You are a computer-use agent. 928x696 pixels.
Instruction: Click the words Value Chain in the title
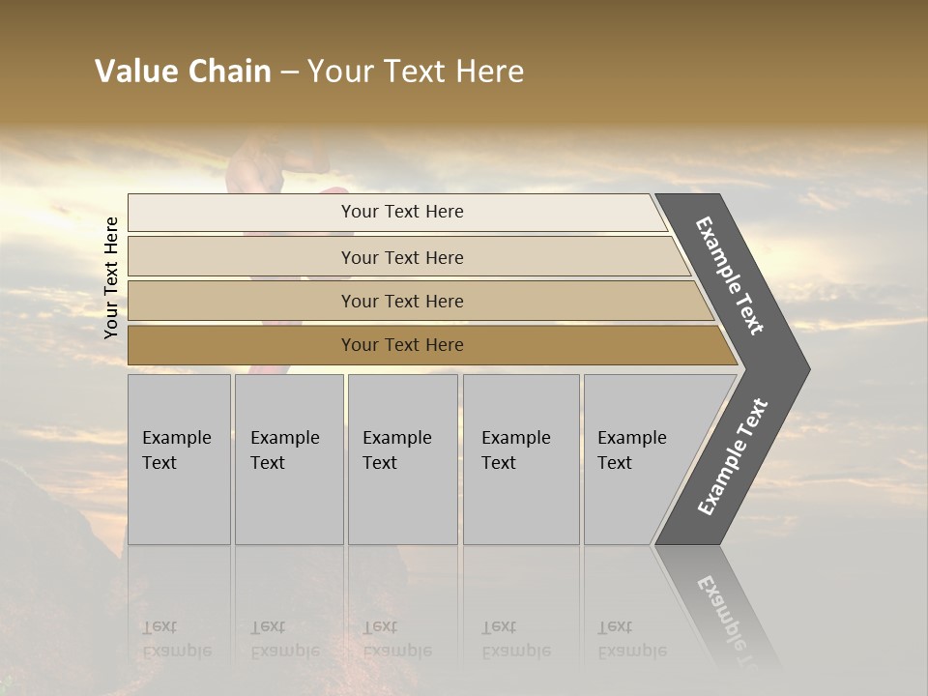tap(183, 72)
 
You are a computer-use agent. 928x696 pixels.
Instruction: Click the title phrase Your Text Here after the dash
tap(416, 72)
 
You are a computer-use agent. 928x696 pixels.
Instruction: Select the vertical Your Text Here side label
tap(111, 277)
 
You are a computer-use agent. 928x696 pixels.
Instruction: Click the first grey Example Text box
tap(179, 459)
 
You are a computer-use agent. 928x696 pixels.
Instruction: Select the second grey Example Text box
tap(289, 459)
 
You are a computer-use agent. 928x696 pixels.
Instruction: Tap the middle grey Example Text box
tap(402, 459)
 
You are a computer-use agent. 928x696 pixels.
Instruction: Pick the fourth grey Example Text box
tap(521, 459)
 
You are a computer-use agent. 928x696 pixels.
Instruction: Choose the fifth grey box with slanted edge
tap(638, 459)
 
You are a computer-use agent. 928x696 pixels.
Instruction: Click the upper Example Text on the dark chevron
tap(730, 275)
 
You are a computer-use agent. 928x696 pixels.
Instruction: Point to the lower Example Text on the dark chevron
tap(733, 456)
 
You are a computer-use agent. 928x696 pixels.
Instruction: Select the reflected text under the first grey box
tap(176, 639)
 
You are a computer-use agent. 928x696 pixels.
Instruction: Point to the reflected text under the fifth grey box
tap(631, 639)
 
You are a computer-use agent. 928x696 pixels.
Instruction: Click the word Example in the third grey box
tap(396, 438)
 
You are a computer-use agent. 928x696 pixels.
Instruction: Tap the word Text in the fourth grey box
tap(499, 463)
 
